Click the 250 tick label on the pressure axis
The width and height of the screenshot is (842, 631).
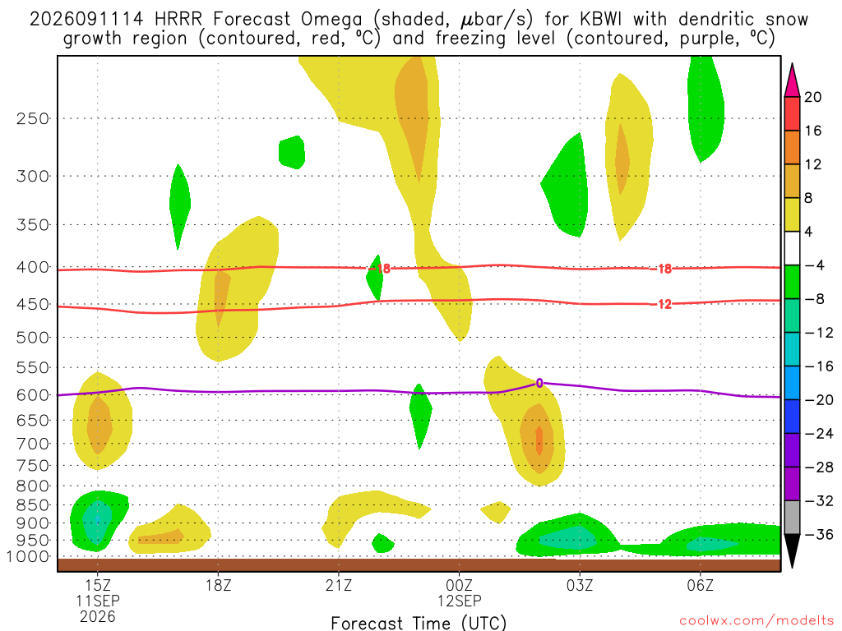[x=32, y=118]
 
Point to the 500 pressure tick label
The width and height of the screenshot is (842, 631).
[x=32, y=338]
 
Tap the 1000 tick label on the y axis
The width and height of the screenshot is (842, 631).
[x=27, y=556]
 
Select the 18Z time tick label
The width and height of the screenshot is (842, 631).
[x=218, y=585]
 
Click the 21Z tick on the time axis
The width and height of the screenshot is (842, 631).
[x=339, y=585]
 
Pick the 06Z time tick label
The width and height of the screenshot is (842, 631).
[x=701, y=585]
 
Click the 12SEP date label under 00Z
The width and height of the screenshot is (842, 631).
[x=459, y=601]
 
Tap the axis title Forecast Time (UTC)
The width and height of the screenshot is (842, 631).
[x=419, y=623]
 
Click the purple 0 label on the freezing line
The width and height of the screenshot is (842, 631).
[x=539, y=383]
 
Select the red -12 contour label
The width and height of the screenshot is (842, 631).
[x=664, y=304]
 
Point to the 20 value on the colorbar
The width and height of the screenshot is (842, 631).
[x=813, y=97]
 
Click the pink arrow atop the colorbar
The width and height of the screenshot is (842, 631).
[x=792, y=81]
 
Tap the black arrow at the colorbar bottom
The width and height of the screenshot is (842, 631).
[x=792, y=550]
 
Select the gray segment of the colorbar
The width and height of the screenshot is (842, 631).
[x=792, y=518]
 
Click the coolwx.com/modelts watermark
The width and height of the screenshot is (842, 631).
[x=756, y=621]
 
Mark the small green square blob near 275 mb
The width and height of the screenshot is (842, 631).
[x=292, y=152]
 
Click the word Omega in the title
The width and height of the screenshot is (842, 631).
[x=331, y=21]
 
